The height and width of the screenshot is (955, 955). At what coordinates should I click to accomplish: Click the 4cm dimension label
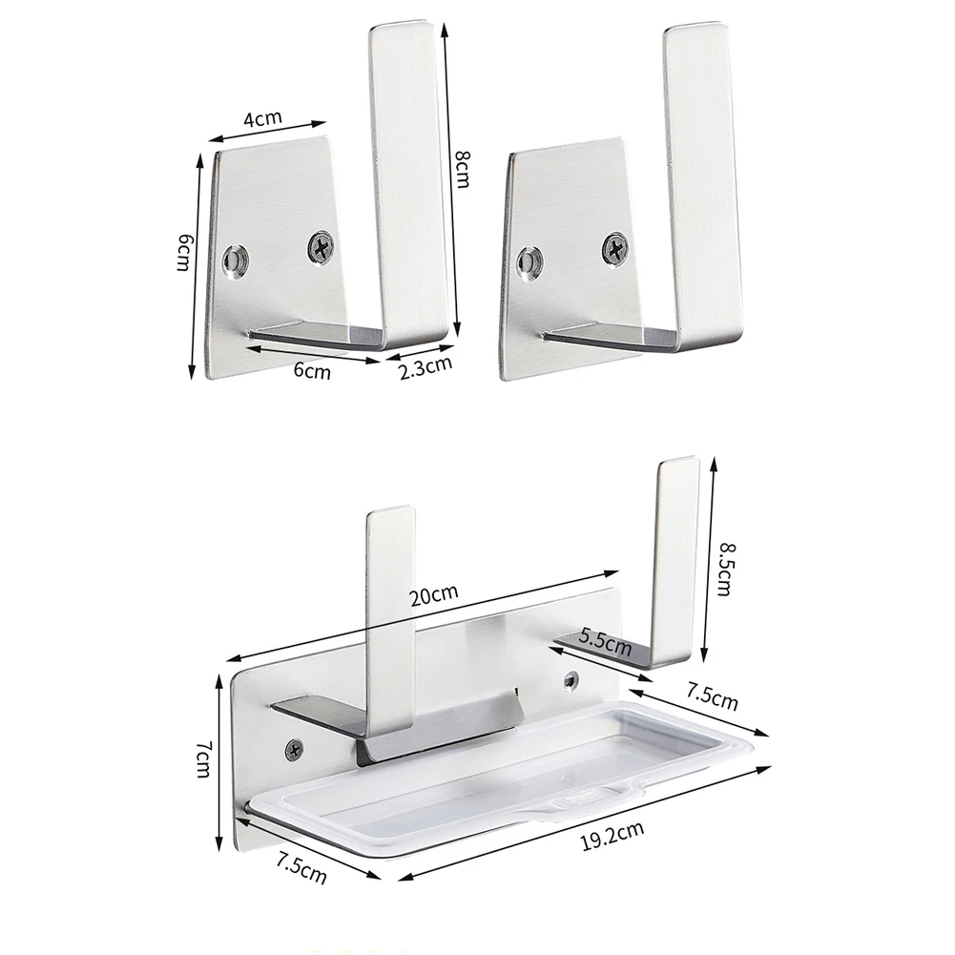[262, 117]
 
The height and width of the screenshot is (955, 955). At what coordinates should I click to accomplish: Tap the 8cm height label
[463, 169]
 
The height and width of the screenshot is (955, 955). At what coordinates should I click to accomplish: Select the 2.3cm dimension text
[426, 367]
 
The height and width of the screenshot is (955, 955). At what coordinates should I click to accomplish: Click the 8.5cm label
[724, 570]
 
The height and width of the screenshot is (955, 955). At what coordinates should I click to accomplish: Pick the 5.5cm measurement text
[605, 642]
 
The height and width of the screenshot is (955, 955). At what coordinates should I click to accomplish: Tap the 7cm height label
[203, 758]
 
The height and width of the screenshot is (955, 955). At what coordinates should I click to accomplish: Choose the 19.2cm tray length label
[612, 836]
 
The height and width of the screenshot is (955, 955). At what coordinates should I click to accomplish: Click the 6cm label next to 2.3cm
[312, 370]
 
